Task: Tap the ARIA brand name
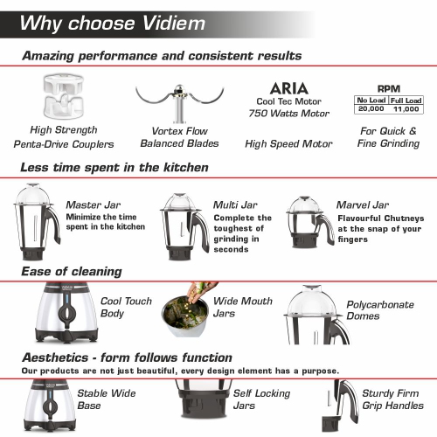pos(288,88)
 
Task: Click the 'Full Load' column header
pos(405,101)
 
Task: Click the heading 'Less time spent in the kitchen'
pos(114,167)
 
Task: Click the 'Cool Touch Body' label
pos(126,307)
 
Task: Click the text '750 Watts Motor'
pos(288,114)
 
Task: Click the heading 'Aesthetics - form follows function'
pos(127,357)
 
